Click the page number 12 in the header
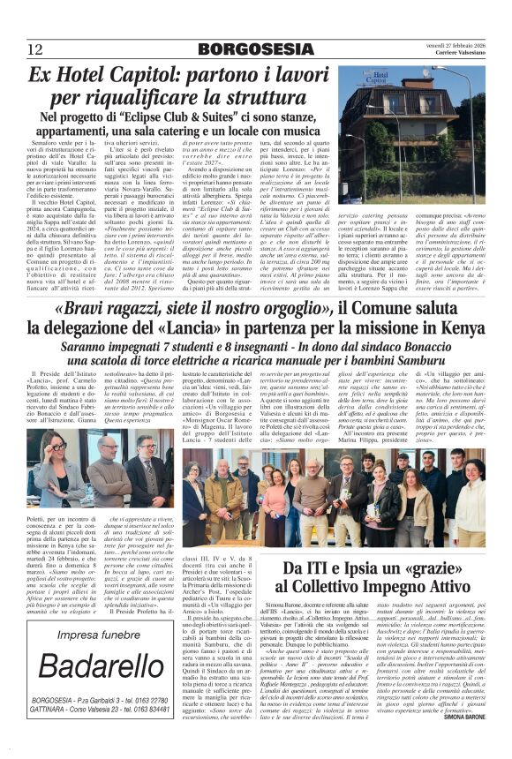coord(36,48)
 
